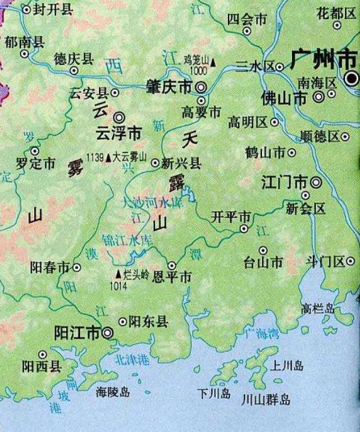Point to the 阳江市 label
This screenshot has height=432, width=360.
click(x=77, y=333)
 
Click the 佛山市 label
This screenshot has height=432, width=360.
click(x=284, y=98)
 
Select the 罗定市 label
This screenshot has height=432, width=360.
click(x=36, y=164)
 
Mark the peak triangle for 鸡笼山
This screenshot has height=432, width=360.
click(x=214, y=63)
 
